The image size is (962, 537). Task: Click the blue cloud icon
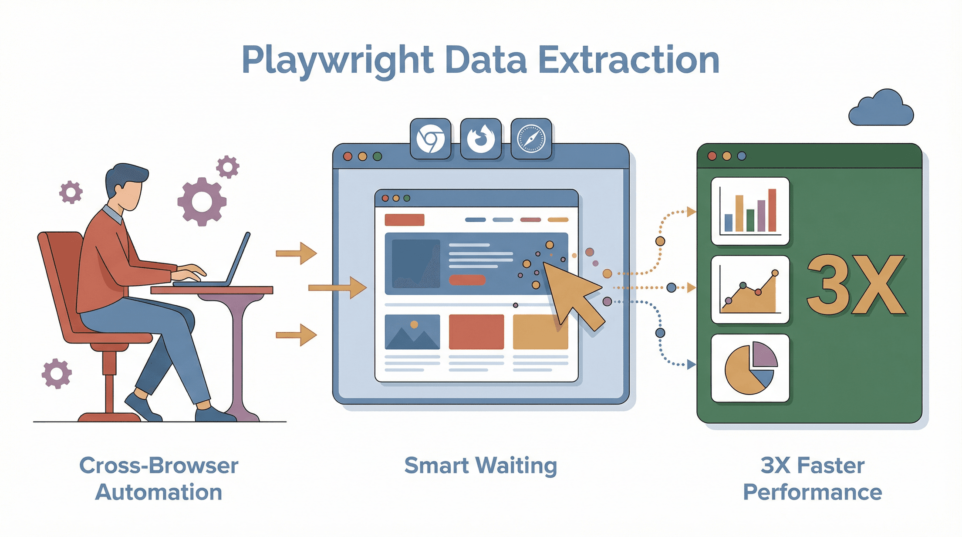881,109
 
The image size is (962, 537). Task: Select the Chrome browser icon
430,139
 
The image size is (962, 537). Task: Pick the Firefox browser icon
481,139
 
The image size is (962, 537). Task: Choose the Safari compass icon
531,139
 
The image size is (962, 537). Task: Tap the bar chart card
750,211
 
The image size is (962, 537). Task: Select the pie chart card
750,368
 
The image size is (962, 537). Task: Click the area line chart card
750,290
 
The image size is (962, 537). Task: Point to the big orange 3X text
856,285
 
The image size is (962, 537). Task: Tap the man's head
126,185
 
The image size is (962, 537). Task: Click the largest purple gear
202,202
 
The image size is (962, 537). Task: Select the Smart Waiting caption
480,466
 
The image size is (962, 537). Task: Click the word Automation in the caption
159,493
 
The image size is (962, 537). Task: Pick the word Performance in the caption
812,493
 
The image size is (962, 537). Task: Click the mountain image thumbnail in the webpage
412,332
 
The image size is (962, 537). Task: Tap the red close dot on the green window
712,156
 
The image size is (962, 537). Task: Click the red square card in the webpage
476,332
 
